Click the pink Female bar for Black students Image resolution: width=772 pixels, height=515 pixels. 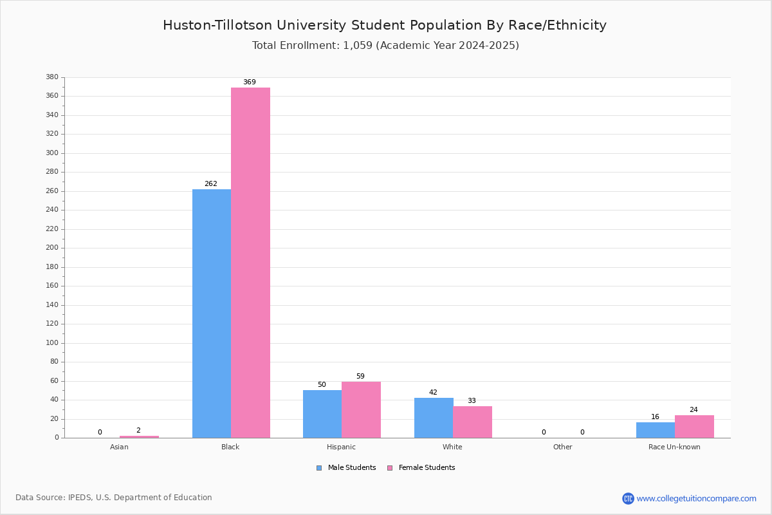tap(250, 263)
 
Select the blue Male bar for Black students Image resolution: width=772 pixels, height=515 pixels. tap(212, 314)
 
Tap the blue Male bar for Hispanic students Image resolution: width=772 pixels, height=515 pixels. tap(322, 414)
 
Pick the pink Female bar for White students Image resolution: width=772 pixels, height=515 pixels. tap(472, 422)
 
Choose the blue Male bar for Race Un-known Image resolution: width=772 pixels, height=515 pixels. tap(656, 430)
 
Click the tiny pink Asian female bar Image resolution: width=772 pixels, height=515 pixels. tap(139, 437)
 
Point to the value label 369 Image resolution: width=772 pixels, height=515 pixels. tap(250, 82)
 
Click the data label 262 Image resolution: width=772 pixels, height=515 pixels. tap(211, 184)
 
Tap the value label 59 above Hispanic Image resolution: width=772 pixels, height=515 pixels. tap(360, 377)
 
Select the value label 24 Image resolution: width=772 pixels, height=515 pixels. tap(694, 410)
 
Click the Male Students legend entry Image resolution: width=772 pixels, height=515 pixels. tap(346, 468)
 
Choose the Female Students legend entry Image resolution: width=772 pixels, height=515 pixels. tap(421, 468)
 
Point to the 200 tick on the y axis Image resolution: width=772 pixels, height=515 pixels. tap(52, 248)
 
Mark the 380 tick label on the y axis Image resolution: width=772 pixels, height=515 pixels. tap(52, 77)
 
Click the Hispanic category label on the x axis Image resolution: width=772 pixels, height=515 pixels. tap(341, 447)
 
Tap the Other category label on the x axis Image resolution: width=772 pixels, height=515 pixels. tap(563, 447)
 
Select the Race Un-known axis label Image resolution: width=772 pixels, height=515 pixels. tap(674, 447)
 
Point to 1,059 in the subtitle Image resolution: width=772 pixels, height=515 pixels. tap(358, 46)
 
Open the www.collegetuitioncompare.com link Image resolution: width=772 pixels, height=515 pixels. tap(689, 499)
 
